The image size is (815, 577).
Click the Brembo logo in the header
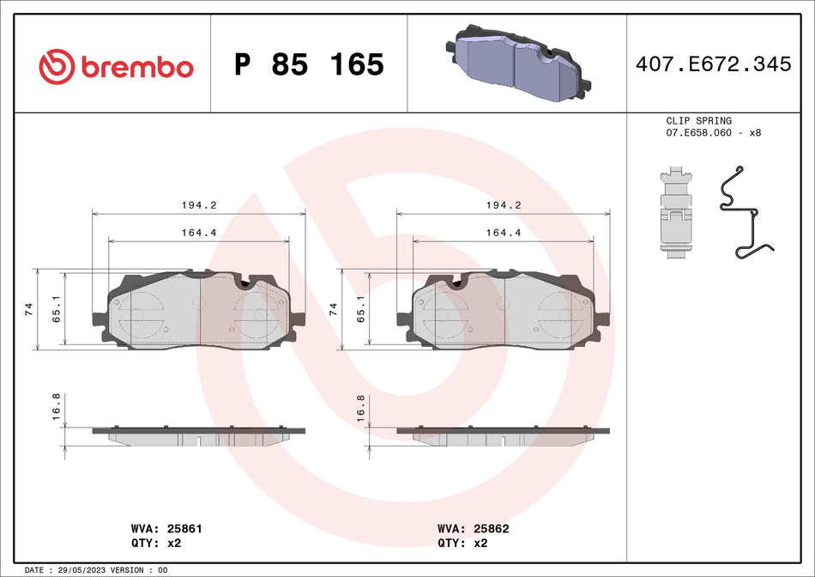(x=116, y=65)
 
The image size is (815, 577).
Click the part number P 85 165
(x=309, y=65)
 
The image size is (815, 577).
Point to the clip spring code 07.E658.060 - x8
(x=713, y=134)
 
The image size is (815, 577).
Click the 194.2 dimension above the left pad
(x=198, y=206)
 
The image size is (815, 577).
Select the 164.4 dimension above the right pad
(x=503, y=232)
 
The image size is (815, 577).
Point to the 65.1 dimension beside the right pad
(x=359, y=309)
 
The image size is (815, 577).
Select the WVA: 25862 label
(x=473, y=529)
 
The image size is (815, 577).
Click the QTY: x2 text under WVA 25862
(x=462, y=543)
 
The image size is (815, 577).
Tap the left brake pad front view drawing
(x=199, y=311)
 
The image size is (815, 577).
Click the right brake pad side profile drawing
(x=503, y=434)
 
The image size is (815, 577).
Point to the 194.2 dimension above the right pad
(x=503, y=206)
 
